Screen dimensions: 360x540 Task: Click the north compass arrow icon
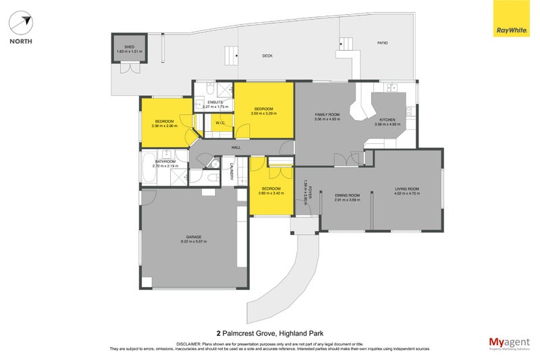click(21, 22)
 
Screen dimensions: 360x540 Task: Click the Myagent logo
click(509, 343)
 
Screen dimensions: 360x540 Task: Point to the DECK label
click(267, 56)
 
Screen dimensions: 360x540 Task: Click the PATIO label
click(382, 43)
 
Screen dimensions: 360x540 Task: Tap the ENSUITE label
click(215, 102)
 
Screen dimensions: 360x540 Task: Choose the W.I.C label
click(220, 123)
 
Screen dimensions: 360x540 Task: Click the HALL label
click(236, 147)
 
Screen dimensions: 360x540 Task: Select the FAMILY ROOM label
click(327, 115)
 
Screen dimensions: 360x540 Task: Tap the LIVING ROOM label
click(407, 188)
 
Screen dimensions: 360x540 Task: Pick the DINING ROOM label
click(348, 195)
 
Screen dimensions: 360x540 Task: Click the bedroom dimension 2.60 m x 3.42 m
click(271, 193)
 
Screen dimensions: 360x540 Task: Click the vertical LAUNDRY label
click(232, 172)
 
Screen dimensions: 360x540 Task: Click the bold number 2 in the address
click(218, 333)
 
